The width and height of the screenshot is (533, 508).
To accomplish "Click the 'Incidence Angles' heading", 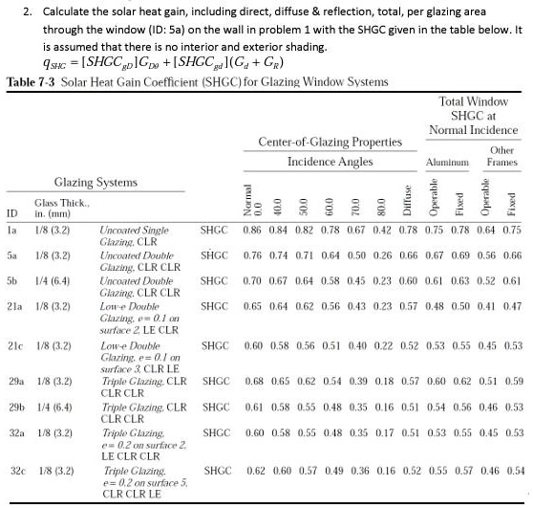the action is click(330, 162).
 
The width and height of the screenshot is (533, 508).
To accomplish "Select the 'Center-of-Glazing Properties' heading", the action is click(330, 143).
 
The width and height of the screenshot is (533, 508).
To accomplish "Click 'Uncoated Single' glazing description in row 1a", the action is click(135, 230).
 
